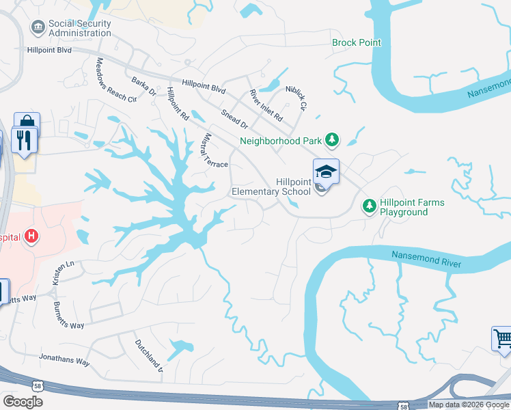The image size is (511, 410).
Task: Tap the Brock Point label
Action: [x=356, y=42]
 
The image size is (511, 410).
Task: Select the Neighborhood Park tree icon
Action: [x=332, y=140]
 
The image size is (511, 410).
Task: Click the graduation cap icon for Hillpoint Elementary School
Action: [x=326, y=172]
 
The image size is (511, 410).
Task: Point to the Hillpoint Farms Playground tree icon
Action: [x=369, y=206]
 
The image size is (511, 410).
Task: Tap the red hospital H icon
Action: [x=31, y=237]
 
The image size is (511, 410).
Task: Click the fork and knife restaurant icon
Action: [x=25, y=140]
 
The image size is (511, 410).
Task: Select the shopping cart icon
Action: [x=502, y=338]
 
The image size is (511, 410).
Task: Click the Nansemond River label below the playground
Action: [x=426, y=259]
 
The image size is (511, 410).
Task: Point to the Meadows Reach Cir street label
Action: [x=115, y=79]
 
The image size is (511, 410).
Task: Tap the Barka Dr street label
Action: [x=144, y=85]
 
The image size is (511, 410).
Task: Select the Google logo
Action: [x=23, y=401]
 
